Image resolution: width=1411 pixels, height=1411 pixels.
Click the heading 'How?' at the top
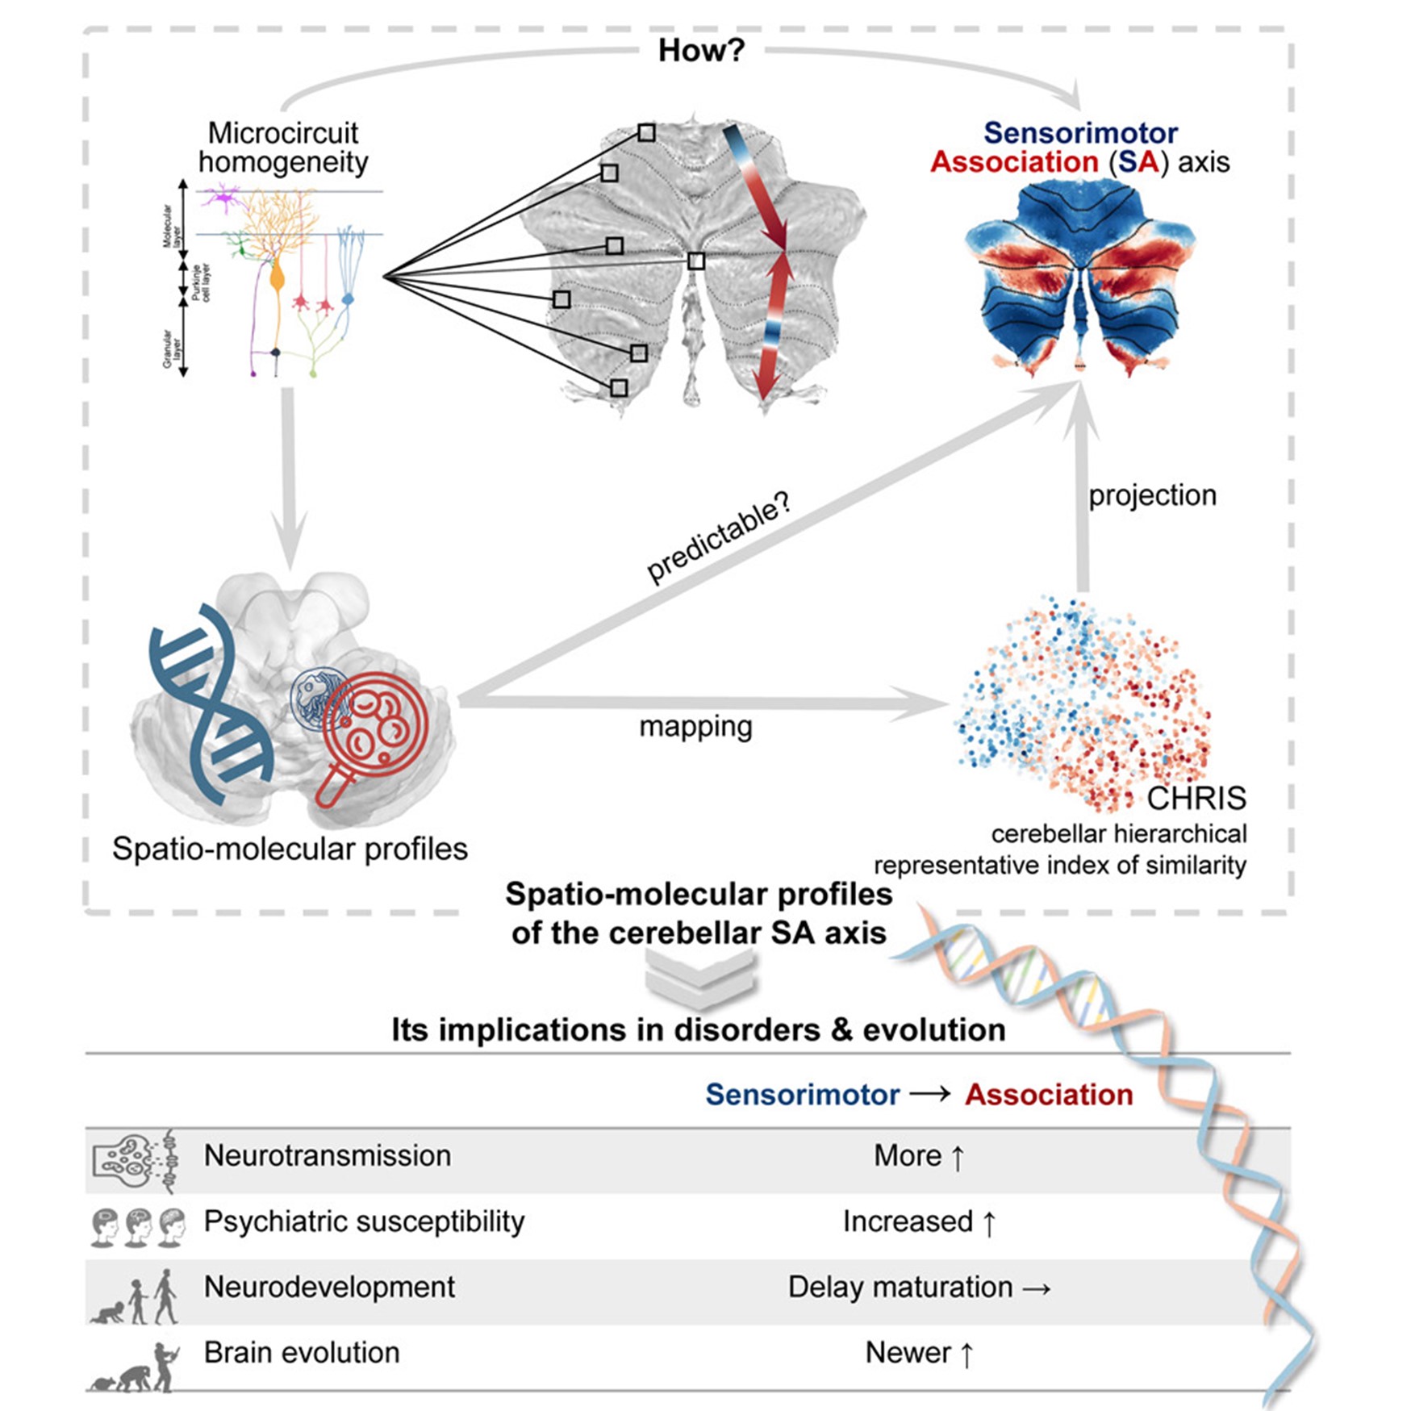[x=701, y=51]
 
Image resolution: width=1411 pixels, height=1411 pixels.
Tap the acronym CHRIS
[x=1196, y=799]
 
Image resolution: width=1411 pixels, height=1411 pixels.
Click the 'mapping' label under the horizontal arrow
[x=695, y=727]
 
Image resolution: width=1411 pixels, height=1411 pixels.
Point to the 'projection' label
[x=1152, y=495]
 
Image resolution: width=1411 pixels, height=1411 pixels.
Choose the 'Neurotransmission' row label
[x=327, y=1155]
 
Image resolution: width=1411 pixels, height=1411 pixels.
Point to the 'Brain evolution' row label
[x=302, y=1352]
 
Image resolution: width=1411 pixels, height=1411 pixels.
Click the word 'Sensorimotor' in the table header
[x=802, y=1095]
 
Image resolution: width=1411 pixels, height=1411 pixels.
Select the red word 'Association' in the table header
[x=1049, y=1095]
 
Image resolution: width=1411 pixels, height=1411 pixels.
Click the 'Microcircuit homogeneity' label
[x=283, y=148]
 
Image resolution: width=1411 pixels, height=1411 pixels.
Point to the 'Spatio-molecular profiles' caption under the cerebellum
[x=290, y=849]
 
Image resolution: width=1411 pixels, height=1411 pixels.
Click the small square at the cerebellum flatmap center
[x=696, y=261]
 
